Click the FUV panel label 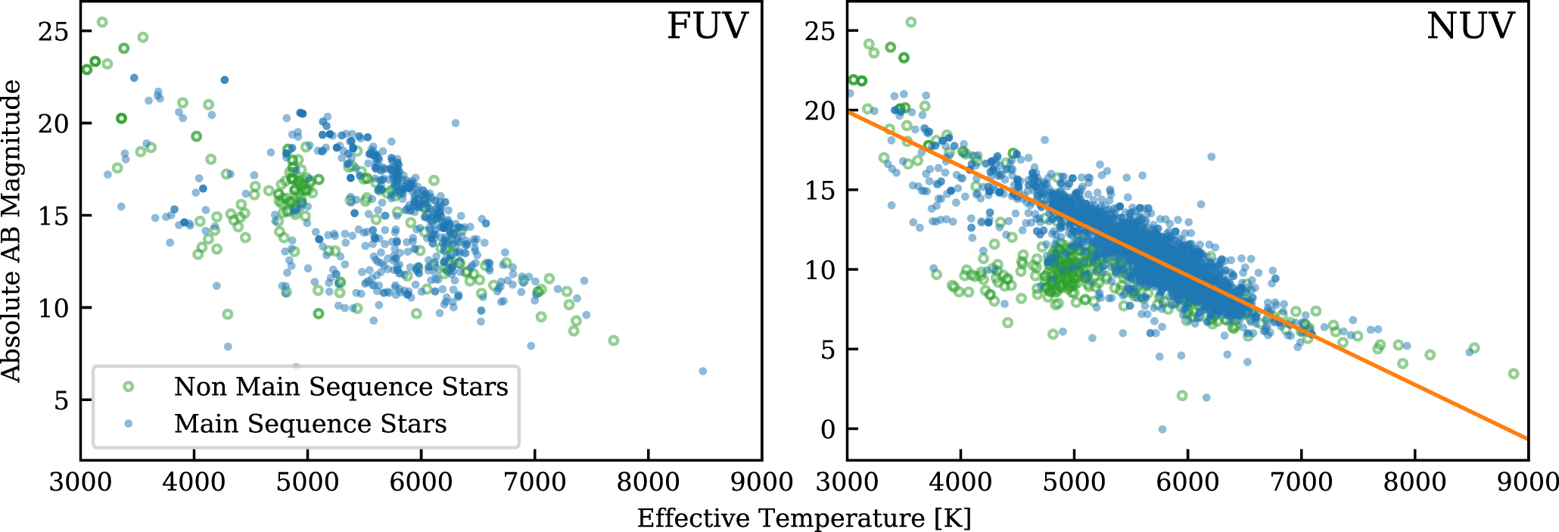(707, 26)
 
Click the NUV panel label (1470, 26)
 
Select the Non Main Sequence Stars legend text (341, 387)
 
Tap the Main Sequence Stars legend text (310, 424)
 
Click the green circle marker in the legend (129, 387)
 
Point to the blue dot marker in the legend (129, 424)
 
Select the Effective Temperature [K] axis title (804, 518)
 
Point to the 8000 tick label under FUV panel (648, 482)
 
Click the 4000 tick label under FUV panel (194, 482)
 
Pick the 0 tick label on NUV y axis (829, 429)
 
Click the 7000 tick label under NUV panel (1301, 482)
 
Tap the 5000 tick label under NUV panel (1074, 482)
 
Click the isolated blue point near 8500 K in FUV (703, 372)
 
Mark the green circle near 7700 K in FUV (614, 341)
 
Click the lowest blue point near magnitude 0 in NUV (1162, 430)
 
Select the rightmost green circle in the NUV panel (1514, 374)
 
